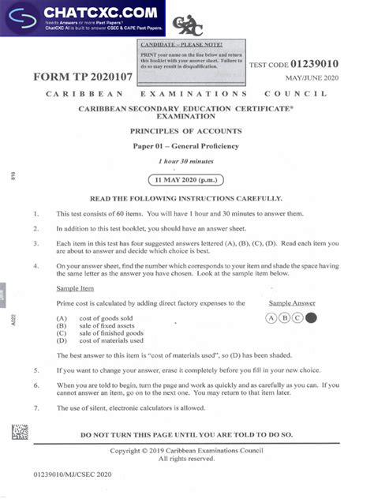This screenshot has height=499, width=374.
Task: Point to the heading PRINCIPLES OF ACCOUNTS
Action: coord(185,131)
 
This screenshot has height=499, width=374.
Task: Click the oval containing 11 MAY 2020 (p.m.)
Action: coord(186,178)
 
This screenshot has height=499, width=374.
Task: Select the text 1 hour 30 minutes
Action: coord(185,161)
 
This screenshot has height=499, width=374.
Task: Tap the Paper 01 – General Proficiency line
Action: coord(185,146)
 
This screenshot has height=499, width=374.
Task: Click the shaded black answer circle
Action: coord(310,318)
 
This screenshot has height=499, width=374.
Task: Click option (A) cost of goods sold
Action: coord(98,317)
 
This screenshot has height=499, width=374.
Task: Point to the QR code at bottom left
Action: coord(20,433)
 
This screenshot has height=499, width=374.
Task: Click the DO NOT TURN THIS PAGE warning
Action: coord(186,434)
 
